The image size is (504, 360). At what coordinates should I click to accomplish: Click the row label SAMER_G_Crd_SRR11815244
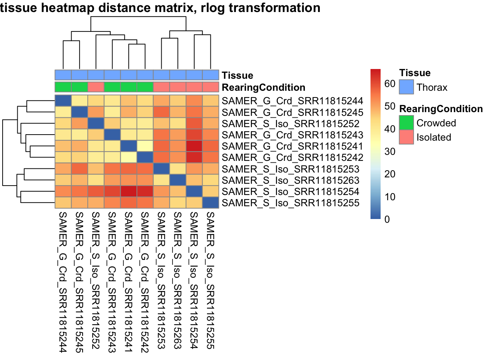(x=292, y=101)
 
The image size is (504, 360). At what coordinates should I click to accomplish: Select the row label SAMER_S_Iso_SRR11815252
(x=290, y=124)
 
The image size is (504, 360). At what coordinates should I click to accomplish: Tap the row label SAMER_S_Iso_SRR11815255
(x=290, y=203)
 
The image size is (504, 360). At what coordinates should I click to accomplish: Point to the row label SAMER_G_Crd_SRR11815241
(x=292, y=146)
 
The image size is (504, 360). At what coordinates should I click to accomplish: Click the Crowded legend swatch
(x=406, y=123)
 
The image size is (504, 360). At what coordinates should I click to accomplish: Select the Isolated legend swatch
(x=406, y=137)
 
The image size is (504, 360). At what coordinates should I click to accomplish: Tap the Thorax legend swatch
(x=406, y=87)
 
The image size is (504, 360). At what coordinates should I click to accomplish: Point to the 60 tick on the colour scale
(x=390, y=84)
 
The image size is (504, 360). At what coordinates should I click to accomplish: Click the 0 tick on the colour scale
(x=387, y=219)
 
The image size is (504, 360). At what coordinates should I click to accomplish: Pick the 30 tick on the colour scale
(x=390, y=151)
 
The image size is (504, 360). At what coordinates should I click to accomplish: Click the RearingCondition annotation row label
(x=263, y=87)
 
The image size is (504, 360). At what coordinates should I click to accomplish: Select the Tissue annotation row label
(x=237, y=75)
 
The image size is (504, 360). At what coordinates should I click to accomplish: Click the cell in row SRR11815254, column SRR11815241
(x=129, y=192)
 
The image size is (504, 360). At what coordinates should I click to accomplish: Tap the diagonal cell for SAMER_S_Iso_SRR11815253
(x=161, y=169)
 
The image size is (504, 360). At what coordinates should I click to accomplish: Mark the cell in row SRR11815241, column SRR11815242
(x=145, y=146)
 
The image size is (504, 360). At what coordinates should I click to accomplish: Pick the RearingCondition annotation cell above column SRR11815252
(x=96, y=87)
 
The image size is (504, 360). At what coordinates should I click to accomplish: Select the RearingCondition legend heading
(x=441, y=109)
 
